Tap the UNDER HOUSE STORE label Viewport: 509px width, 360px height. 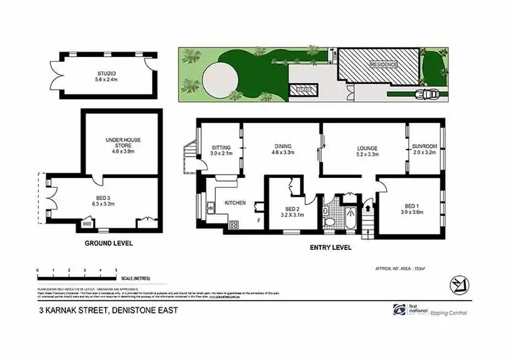[123, 140]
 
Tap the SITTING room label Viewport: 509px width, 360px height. [221, 147]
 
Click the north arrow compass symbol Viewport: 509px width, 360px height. [456, 283]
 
